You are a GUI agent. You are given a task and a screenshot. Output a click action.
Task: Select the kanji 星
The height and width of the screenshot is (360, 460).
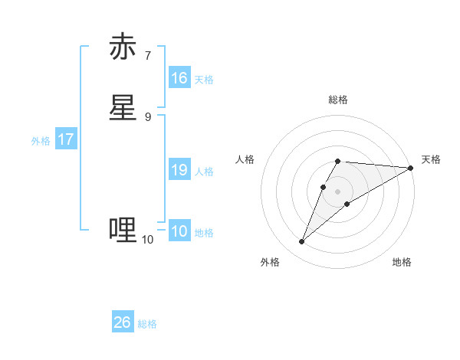click(x=123, y=108)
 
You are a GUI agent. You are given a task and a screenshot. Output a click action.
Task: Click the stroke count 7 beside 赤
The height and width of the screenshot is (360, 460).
click(x=147, y=56)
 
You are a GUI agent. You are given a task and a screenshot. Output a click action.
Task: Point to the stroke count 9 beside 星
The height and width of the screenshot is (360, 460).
click(x=147, y=116)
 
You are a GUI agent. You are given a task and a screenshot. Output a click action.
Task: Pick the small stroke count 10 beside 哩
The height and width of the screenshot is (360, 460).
click(x=147, y=240)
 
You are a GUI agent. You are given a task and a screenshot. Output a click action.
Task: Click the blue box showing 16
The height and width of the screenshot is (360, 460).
click(x=179, y=78)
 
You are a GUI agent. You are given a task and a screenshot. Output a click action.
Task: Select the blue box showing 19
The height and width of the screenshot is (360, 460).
click(x=179, y=170)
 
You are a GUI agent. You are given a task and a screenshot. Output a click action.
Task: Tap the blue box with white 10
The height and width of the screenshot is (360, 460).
click(x=179, y=231)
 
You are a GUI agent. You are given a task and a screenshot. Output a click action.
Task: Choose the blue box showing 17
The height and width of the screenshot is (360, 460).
click(x=65, y=139)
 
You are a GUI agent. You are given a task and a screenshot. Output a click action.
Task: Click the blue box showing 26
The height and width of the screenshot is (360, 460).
click(x=123, y=322)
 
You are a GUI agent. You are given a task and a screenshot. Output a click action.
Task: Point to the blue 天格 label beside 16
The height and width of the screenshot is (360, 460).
click(x=204, y=79)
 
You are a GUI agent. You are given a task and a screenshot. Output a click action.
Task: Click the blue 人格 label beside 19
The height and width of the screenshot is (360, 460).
click(x=204, y=172)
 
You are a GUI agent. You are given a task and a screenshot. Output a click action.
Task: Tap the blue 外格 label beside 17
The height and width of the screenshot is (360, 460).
click(x=41, y=141)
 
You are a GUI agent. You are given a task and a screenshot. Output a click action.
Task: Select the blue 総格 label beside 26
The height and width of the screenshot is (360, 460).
click(x=147, y=324)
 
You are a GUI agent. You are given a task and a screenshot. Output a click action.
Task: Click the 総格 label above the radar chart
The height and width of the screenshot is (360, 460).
click(x=338, y=100)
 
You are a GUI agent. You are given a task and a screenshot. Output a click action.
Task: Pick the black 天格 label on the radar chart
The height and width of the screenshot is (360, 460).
click(x=431, y=159)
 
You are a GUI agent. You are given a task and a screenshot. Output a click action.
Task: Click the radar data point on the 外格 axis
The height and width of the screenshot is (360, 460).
click(x=302, y=242)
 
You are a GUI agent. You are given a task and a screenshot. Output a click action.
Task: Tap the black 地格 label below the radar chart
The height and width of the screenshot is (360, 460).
click(x=402, y=262)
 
